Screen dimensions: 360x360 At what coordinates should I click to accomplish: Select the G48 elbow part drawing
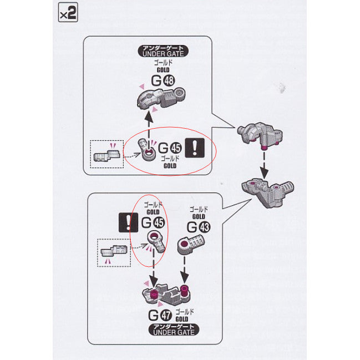pyautogui.click(x=161, y=101)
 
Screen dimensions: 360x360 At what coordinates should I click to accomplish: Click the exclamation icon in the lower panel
pyautogui.click(x=129, y=222)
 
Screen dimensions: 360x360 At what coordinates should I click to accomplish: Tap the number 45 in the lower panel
pyautogui.click(x=159, y=223)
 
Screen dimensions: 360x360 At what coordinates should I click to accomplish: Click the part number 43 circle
pyautogui.click(x=205, y=227)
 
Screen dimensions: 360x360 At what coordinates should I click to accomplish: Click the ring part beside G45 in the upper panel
pyautogui.click(x=147, y=154)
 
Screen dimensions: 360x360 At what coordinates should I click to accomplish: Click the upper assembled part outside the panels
pyautogui.click(x=259, y=136)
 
